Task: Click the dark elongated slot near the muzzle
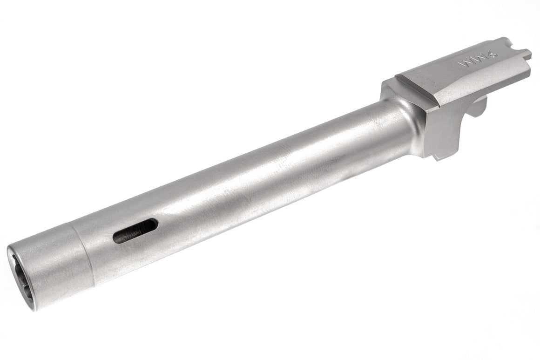pyautogui.click(x=135, y=231)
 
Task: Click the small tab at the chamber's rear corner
pyautogui.click(x=525, y=52)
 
